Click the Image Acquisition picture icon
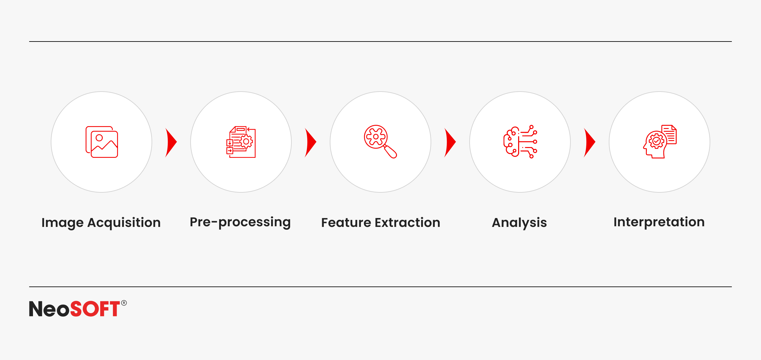tap(101, 142)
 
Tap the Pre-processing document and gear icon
tap(241, 142)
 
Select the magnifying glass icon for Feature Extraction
tap(380, 141)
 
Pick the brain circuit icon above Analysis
tap(520, 141)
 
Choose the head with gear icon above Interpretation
tap(660, 141)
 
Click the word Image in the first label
tap(62, 223)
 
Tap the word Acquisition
tap(124, 223)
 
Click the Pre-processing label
tap(240, 222)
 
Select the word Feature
tap(346, 222)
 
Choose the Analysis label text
tap(519, 223)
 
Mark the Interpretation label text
tap(659, 222)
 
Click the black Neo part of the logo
tap(49, 309)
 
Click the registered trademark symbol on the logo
tap(124, 303)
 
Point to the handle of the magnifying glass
tap(390, 151)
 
